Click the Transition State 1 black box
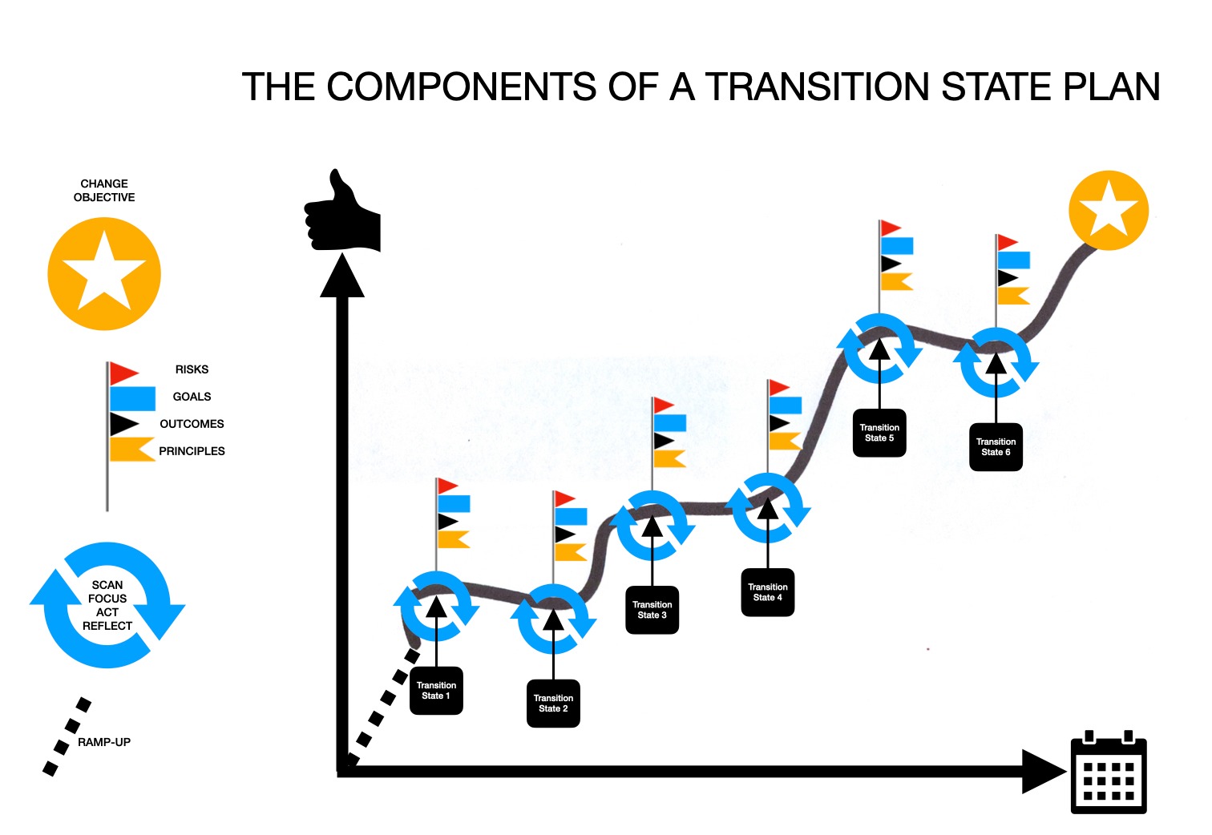(436, 691)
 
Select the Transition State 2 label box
(553, 704)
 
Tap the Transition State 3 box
(652, 611)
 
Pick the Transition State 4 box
(768, 592)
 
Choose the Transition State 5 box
(879, 433)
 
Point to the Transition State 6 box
(996, 447)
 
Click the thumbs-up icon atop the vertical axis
(342, 212)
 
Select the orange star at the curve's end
(1109, 210)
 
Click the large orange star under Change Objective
(104, 274)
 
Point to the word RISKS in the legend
(192, 369)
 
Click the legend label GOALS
(192, 397)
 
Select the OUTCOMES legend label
(192, 424)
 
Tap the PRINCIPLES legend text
(192, 451)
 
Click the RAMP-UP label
(104, 742)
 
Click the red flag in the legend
(124, 373)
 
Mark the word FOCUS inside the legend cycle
(107, 599)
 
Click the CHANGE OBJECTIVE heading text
(104, 191)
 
